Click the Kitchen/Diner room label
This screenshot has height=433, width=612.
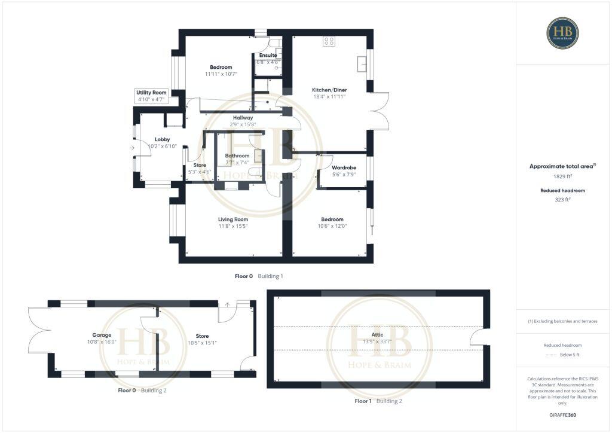tap(329, 90)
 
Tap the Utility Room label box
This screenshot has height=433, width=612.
tap(151, 93)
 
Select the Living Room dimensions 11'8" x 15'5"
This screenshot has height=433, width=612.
tap(232, 226)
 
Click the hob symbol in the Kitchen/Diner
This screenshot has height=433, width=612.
tap(329, 41)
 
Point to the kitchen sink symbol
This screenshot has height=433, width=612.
tap(360, 64)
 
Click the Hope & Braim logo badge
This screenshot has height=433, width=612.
tap(562, 33)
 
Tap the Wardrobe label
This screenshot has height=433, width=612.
tap(344, 167)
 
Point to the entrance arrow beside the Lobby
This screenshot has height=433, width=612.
tap(132, 147)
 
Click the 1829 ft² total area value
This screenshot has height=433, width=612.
tap(562, 176)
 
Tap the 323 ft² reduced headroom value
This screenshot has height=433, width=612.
tap(562, 200)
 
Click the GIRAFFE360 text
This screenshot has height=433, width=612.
tap(562, 414)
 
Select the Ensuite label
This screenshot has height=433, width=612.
tap(268, 55)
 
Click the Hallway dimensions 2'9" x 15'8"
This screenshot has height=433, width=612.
tap(243, 124)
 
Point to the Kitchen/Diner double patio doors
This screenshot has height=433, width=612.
tap(380, 111)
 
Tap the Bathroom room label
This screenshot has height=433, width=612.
tap(237, 155)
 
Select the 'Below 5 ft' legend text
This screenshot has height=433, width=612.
tap(570, 355)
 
